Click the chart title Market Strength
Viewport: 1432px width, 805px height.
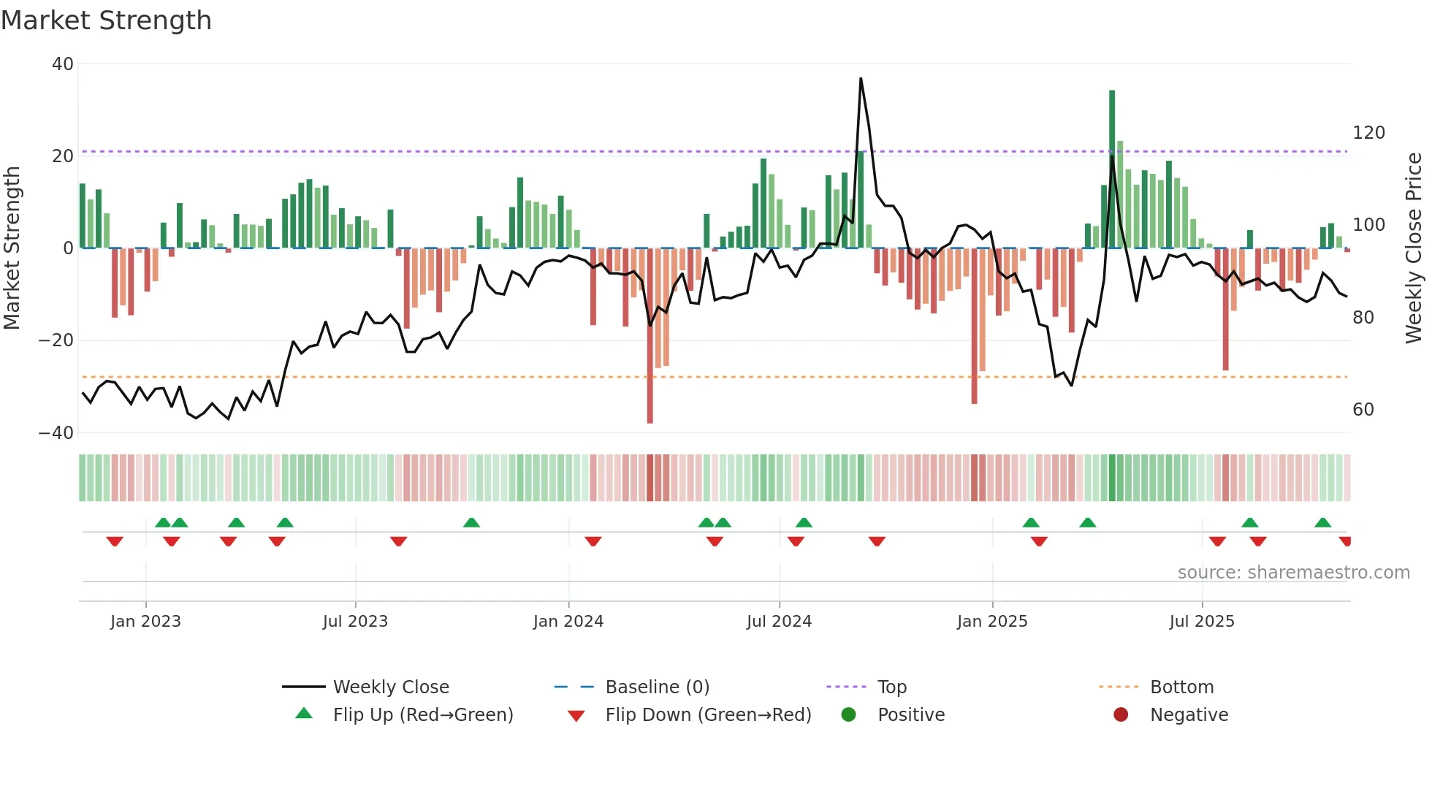[106, 20]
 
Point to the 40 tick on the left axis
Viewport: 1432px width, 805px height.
[63, 64]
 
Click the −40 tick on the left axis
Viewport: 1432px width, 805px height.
[56, 433]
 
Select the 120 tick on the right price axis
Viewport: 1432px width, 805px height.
[1368, 133]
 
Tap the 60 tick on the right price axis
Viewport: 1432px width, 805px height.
[1363, 410]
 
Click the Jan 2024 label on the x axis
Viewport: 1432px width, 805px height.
[568, 622]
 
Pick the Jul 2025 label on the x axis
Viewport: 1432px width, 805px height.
[1201, 622]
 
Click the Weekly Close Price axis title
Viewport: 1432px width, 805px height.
[1414, 248]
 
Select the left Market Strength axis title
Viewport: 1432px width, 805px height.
[12, 248]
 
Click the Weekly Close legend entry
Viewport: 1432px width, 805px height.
[390, 687]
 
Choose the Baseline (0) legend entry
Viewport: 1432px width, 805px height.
[657, 687]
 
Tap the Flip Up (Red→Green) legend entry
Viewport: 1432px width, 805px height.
[422, 715]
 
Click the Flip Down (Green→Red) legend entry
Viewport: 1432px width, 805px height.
[707, 715]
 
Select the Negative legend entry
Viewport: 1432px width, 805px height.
[1188, 715]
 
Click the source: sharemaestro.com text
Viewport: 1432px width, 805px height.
[1293, 573]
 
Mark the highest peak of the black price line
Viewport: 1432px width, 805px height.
[861, 79]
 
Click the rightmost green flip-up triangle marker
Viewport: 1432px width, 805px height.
[1322, 523]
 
